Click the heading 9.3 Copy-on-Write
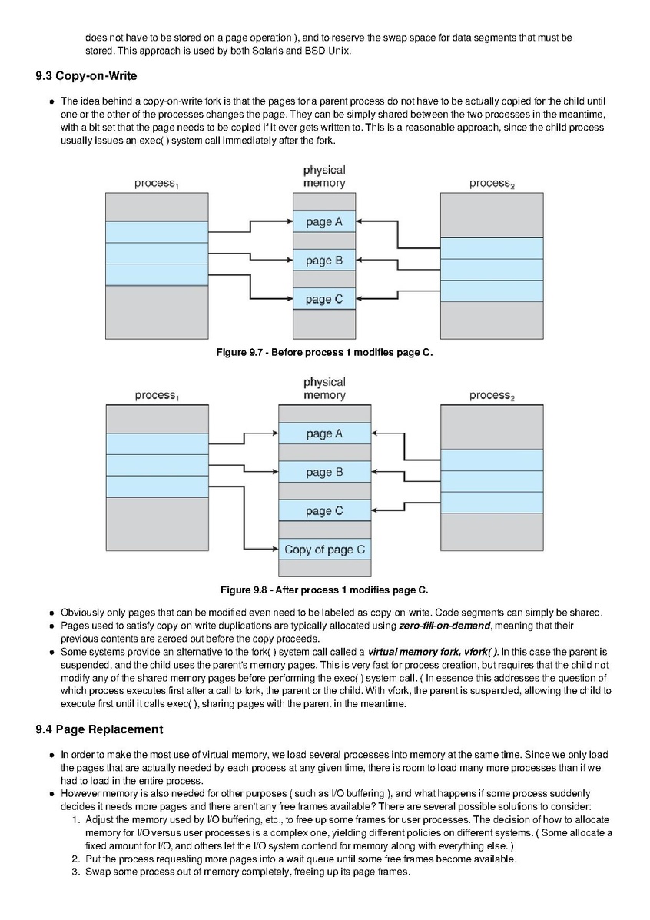(x=86, y=75)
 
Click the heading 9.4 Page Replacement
(x=99, y=729)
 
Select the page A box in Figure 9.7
(x=324, y=222)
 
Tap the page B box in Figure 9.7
(x=324, y=261)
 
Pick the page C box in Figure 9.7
(x=324, y=299)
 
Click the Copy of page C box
(x=324, y=550)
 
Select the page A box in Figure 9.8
(x=324, y=433)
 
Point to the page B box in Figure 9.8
(x=324, y=473)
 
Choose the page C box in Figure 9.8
(x=324, y=511)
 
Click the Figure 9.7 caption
(x=324, y=352)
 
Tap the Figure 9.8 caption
(x=324, y=590)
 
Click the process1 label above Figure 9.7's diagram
(x=157, y=184)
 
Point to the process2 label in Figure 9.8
(x=492, y=396)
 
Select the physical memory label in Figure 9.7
(x=324, y=177)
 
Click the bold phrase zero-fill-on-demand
(x=445, y=626)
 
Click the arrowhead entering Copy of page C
(x=274, y=550)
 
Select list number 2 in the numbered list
(x=75, y=859)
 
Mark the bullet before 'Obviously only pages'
(x=52, y=613)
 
